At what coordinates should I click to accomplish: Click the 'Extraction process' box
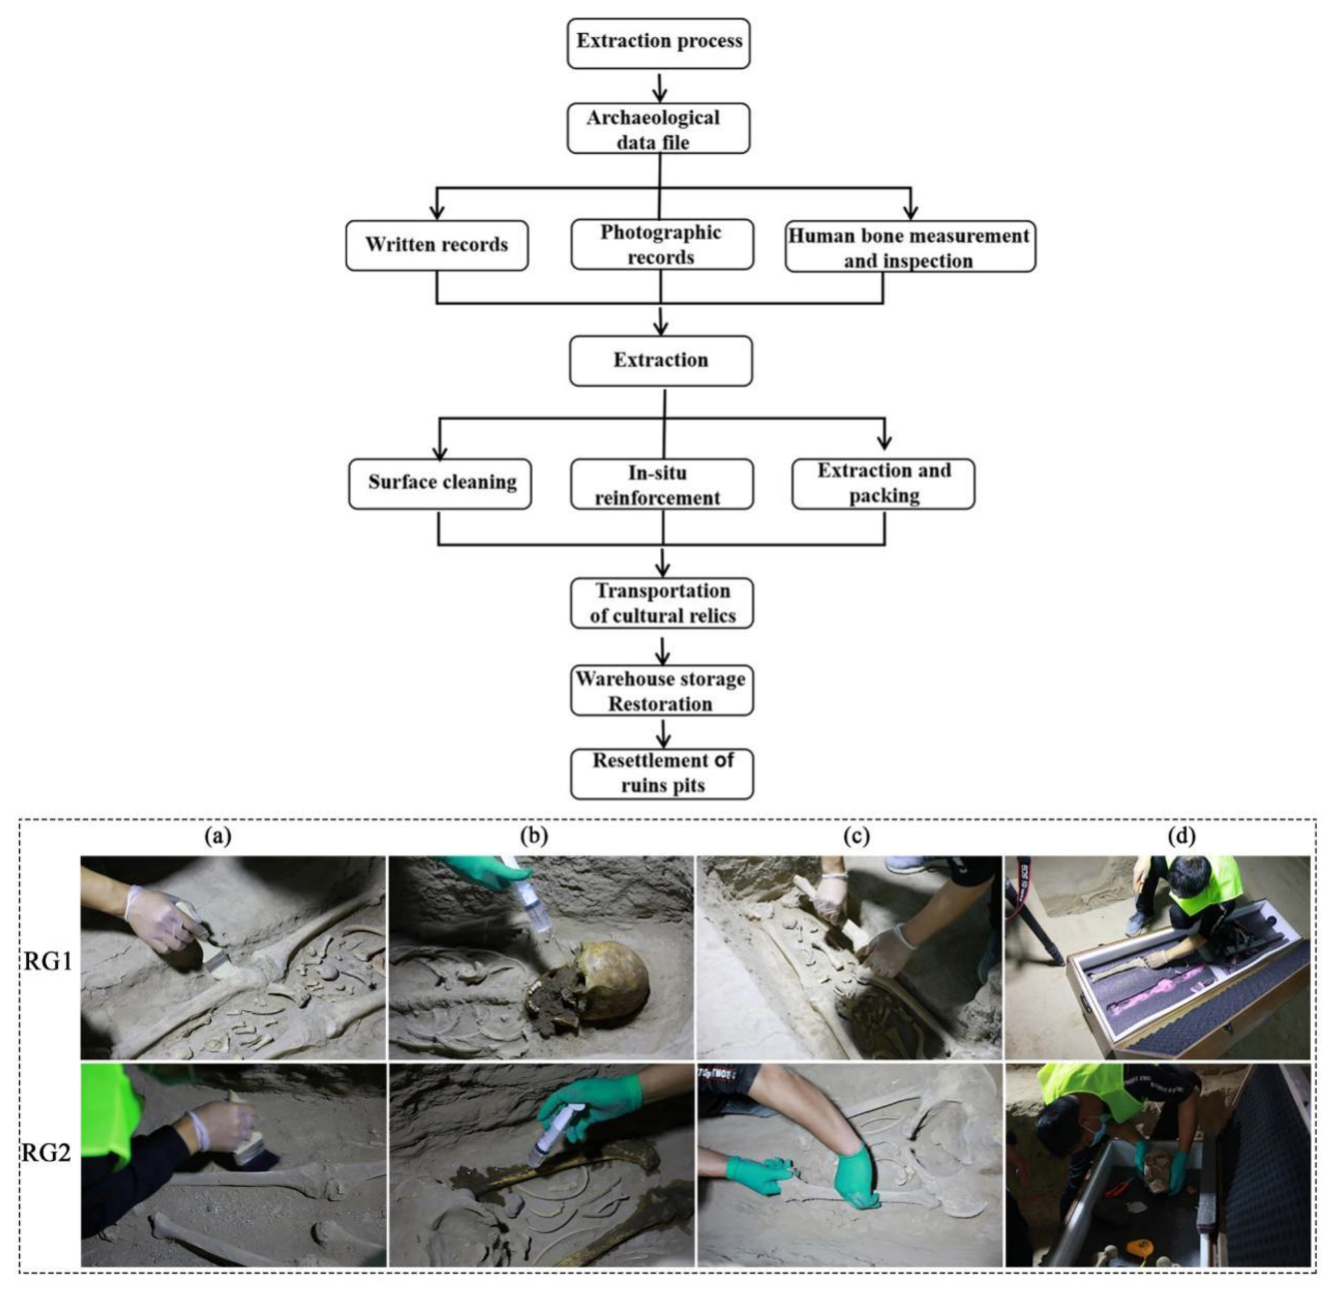[x=659, y=43]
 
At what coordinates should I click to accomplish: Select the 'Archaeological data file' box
[x=659, y=128]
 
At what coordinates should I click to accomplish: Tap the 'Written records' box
[x=437, y=245]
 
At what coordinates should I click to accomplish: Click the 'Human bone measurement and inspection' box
[x=910, y=247]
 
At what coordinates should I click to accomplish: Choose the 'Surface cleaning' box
[x=440, y=483]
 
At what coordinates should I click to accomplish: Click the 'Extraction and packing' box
[x=883, y=483]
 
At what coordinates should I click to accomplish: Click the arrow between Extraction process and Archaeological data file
[x=659, y=87]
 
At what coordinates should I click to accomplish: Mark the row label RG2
[x=46, y=1153]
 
